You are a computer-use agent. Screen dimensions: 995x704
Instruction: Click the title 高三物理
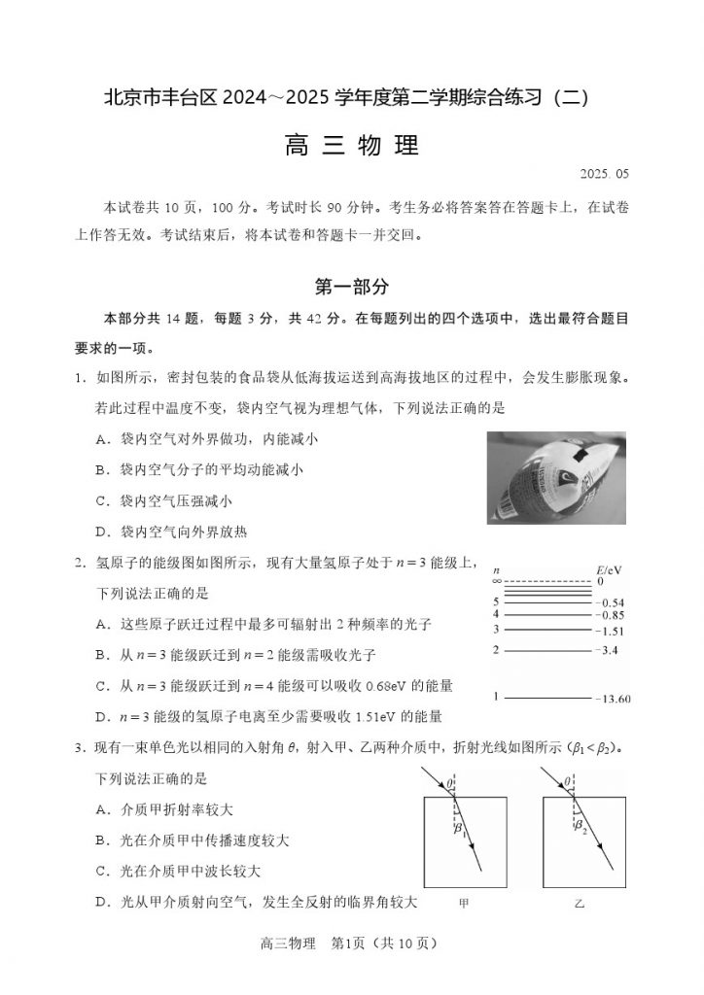pyautogui.click(x=351, y=146)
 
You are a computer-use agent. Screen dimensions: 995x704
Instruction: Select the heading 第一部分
pyautogui.click(x=351, y=287)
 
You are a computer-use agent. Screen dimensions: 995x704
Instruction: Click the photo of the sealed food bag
pyautogui.click(x=556, y=476)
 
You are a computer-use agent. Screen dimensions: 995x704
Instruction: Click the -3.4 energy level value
pyautogui.click(x=609, y=649)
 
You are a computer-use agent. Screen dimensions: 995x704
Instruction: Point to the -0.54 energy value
pyautogui.click(x=610, y=602)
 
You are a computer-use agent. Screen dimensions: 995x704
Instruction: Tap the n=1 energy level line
pyautogui.click(x=547, y=698)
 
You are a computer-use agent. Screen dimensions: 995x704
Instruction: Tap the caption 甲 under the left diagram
pyautogui.click(x=464, y=904)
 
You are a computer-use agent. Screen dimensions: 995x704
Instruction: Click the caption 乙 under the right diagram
pyautogui.click(x=581, y=904)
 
